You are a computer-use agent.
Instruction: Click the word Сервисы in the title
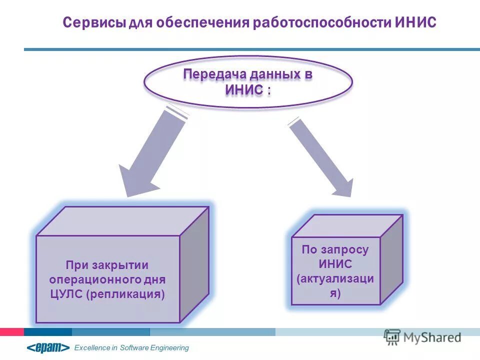pos(93,23)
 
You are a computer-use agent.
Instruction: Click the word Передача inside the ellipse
pos(211,74)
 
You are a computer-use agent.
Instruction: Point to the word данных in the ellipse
pos(271,74)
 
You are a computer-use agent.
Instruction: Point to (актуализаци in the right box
pos(335,278)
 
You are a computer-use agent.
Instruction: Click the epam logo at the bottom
pos(48,347)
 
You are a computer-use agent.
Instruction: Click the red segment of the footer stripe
pos(11,331)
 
